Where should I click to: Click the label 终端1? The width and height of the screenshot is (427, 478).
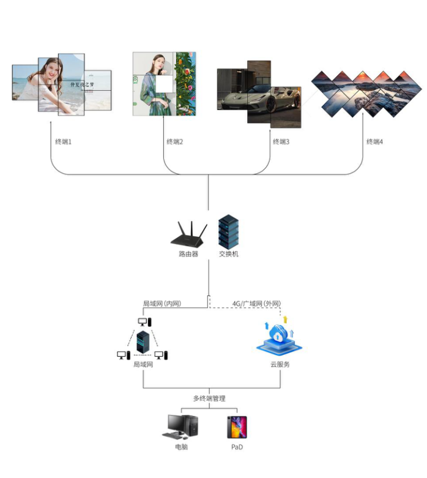(64, 142)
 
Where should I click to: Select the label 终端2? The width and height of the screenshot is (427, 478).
(175, 142)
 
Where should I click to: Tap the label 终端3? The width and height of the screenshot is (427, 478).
(281, 142)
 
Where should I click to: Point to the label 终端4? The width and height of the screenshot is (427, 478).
(374, 142)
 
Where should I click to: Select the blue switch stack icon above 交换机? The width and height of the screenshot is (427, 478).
(228, 231)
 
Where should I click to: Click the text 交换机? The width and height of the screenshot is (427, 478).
(228, 253)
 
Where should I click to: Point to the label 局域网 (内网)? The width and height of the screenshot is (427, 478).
(162, 303)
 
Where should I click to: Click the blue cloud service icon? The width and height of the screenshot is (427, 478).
(279, 338)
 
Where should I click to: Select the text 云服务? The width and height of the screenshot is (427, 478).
(280, 364)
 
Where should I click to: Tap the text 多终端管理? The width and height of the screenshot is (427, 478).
(209, 398)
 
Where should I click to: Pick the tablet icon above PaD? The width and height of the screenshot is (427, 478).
(237, 427)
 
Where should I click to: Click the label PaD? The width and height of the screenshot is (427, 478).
(237, 447)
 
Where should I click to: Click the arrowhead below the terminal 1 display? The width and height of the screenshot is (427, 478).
(51, 122)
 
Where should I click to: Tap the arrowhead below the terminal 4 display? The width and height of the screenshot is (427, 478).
(363, 122)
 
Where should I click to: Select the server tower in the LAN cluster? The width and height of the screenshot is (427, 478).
(143, 343)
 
